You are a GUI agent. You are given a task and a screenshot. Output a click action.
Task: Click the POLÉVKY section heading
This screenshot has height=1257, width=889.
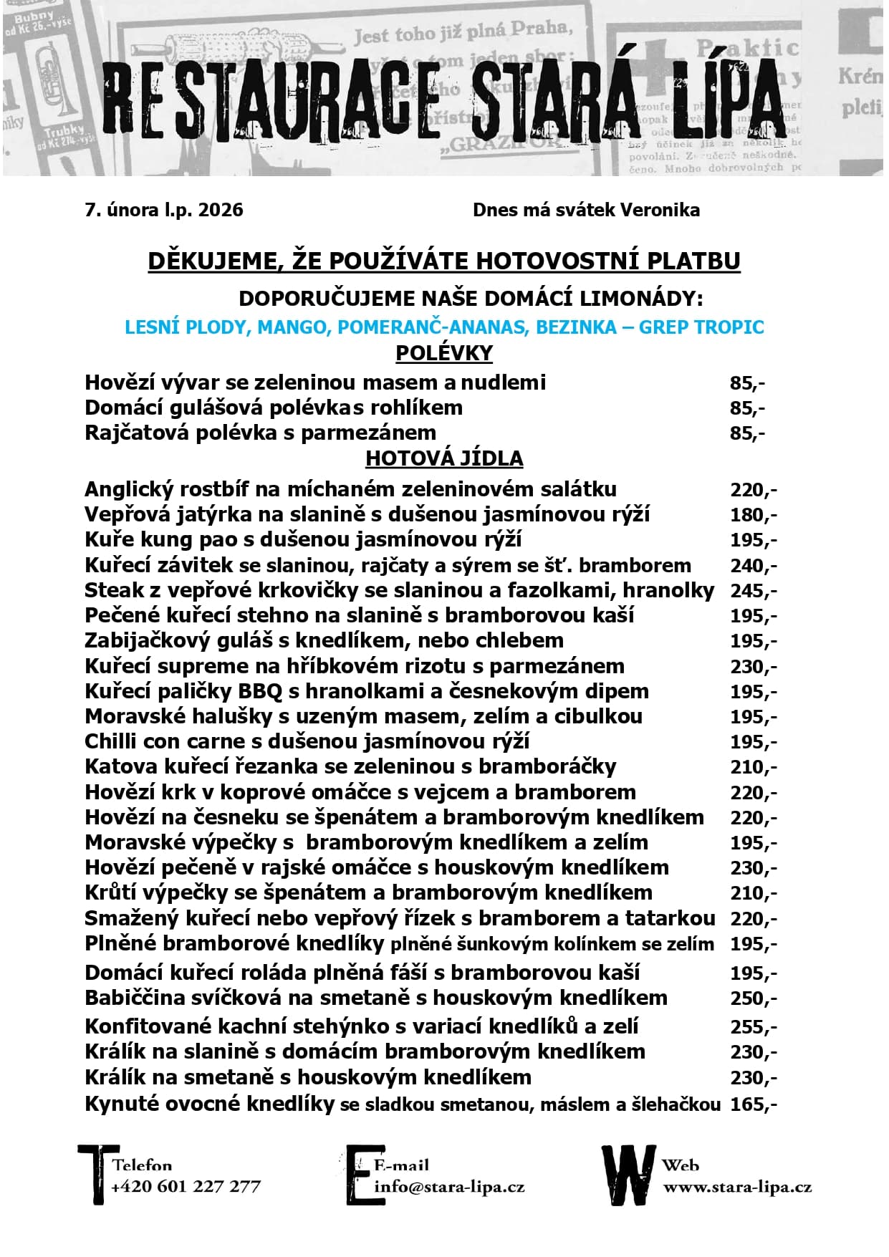tap(444, 353)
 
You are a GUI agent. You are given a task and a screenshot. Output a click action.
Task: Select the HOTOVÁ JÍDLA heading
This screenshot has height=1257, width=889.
tap(444, 458)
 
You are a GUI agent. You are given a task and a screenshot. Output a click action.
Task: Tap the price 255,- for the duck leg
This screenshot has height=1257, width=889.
tap(753, 1026)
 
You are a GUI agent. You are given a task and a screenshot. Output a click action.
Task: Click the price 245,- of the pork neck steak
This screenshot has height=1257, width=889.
tap(753, 591)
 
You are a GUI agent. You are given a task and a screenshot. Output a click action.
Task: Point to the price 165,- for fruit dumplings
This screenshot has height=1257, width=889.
tap(753, 1104)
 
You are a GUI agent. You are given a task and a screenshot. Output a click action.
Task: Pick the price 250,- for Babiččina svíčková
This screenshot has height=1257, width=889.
tap(753, 998)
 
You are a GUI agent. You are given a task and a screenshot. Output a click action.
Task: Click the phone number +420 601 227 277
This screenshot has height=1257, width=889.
tap(186, 1187)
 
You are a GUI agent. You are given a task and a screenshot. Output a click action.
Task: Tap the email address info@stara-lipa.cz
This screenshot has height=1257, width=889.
tap(449, 1187)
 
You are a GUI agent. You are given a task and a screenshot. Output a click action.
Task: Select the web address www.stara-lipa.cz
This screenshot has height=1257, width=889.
tap(737, 1187)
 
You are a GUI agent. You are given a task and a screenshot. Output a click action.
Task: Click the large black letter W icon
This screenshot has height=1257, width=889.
tap(628, 1175)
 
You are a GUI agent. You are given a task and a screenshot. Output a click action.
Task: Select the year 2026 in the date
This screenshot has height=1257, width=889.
tap(221, 210)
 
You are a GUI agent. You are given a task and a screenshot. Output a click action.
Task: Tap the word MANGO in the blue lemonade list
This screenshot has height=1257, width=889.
tap(292, 327)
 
